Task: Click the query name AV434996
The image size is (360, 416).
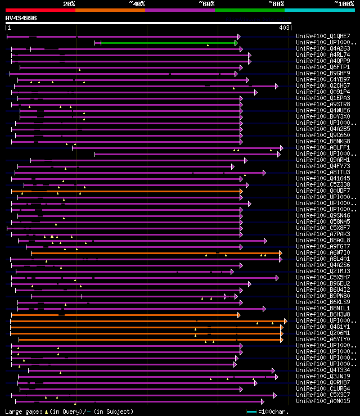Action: [x=21, y=18]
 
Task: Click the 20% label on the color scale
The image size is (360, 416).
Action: [x=69, y=3]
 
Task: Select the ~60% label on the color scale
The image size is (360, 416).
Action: [x=206, y=3]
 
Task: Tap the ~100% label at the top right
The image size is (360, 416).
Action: [x=344, y=3]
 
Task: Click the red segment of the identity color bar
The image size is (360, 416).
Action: [x=40, y=10]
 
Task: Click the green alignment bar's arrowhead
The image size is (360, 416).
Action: [x=237, y=43]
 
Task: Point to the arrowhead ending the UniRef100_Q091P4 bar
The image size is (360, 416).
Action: [x=255, y=92]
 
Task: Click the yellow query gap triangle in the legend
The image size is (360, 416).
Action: [x=46, y=412]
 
